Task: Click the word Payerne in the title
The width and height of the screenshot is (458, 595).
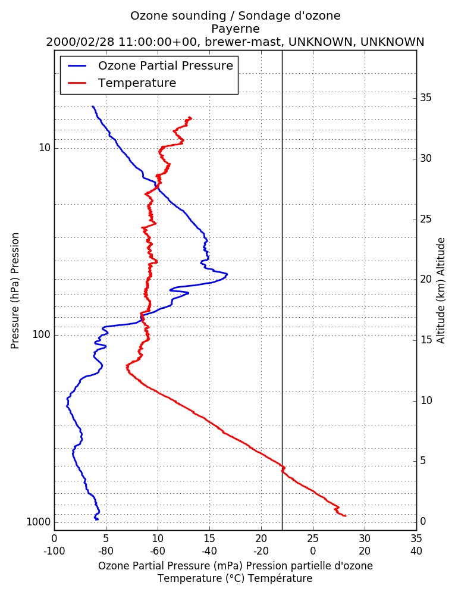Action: click(x=236, y=29)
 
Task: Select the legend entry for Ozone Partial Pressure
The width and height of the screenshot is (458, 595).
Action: click(x=150, y=65)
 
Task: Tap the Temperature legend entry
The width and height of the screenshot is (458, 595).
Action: click(x=122, y=83)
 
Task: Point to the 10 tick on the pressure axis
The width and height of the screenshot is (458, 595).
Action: click(x=45, y=148)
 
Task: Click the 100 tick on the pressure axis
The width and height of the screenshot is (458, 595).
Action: click(x=42, y=334)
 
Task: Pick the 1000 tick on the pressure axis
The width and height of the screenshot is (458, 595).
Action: click(x=38, y=522)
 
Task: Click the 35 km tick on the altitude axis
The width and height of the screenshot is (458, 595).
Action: click(x=426, y=98)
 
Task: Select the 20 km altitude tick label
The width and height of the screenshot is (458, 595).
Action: click(x=426, y=279)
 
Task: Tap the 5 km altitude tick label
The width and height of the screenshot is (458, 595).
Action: click(x=423, y=461)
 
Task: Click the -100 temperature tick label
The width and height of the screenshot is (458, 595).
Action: click(x=54, y=550)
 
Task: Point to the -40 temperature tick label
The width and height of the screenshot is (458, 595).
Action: click(x=209, y=550)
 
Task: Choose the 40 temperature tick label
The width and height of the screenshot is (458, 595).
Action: click(x=416, y=550)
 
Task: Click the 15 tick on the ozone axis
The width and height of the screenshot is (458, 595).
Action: click(x=209, y=538)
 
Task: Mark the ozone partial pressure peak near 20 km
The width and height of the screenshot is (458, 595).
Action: click(x=227, y=274)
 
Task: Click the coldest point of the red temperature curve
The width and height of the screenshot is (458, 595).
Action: click(x=127, y=367)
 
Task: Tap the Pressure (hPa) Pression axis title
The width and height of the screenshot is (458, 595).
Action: click(x=15, y=291)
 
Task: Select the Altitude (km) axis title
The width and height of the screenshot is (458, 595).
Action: click(x=441, y=291)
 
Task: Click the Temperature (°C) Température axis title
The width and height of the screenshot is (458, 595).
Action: click(x=236, y=578)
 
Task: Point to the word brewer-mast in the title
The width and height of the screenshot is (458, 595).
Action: click(x=243, y=42)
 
